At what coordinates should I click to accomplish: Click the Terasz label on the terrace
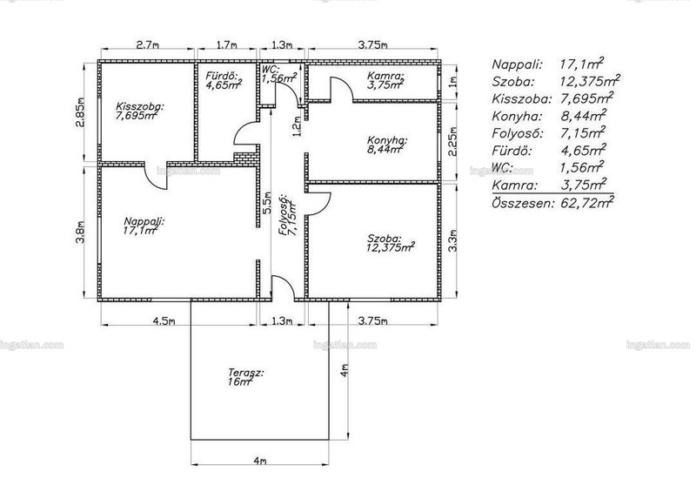pos(246,373)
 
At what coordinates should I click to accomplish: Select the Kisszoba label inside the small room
pos(140,106)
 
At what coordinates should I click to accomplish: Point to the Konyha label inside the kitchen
pos(387,140)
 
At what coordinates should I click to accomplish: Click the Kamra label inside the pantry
pos(385,76)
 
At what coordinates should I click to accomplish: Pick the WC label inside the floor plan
pos(271,70)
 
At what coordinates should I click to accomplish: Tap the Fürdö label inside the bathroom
pos(222,76)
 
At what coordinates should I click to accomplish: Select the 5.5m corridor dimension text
pos(266,203)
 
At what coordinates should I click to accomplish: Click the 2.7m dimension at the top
pos(147,45)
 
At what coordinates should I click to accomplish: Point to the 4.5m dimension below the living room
pos(164,321)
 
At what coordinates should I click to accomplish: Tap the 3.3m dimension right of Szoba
pos(452,241)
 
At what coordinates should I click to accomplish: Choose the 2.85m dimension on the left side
pos(80,112)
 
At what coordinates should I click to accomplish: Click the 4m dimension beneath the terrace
pos(259,461)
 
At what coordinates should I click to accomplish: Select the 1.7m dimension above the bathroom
pos(226,45)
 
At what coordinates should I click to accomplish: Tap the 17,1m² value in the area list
pos(582,64)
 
